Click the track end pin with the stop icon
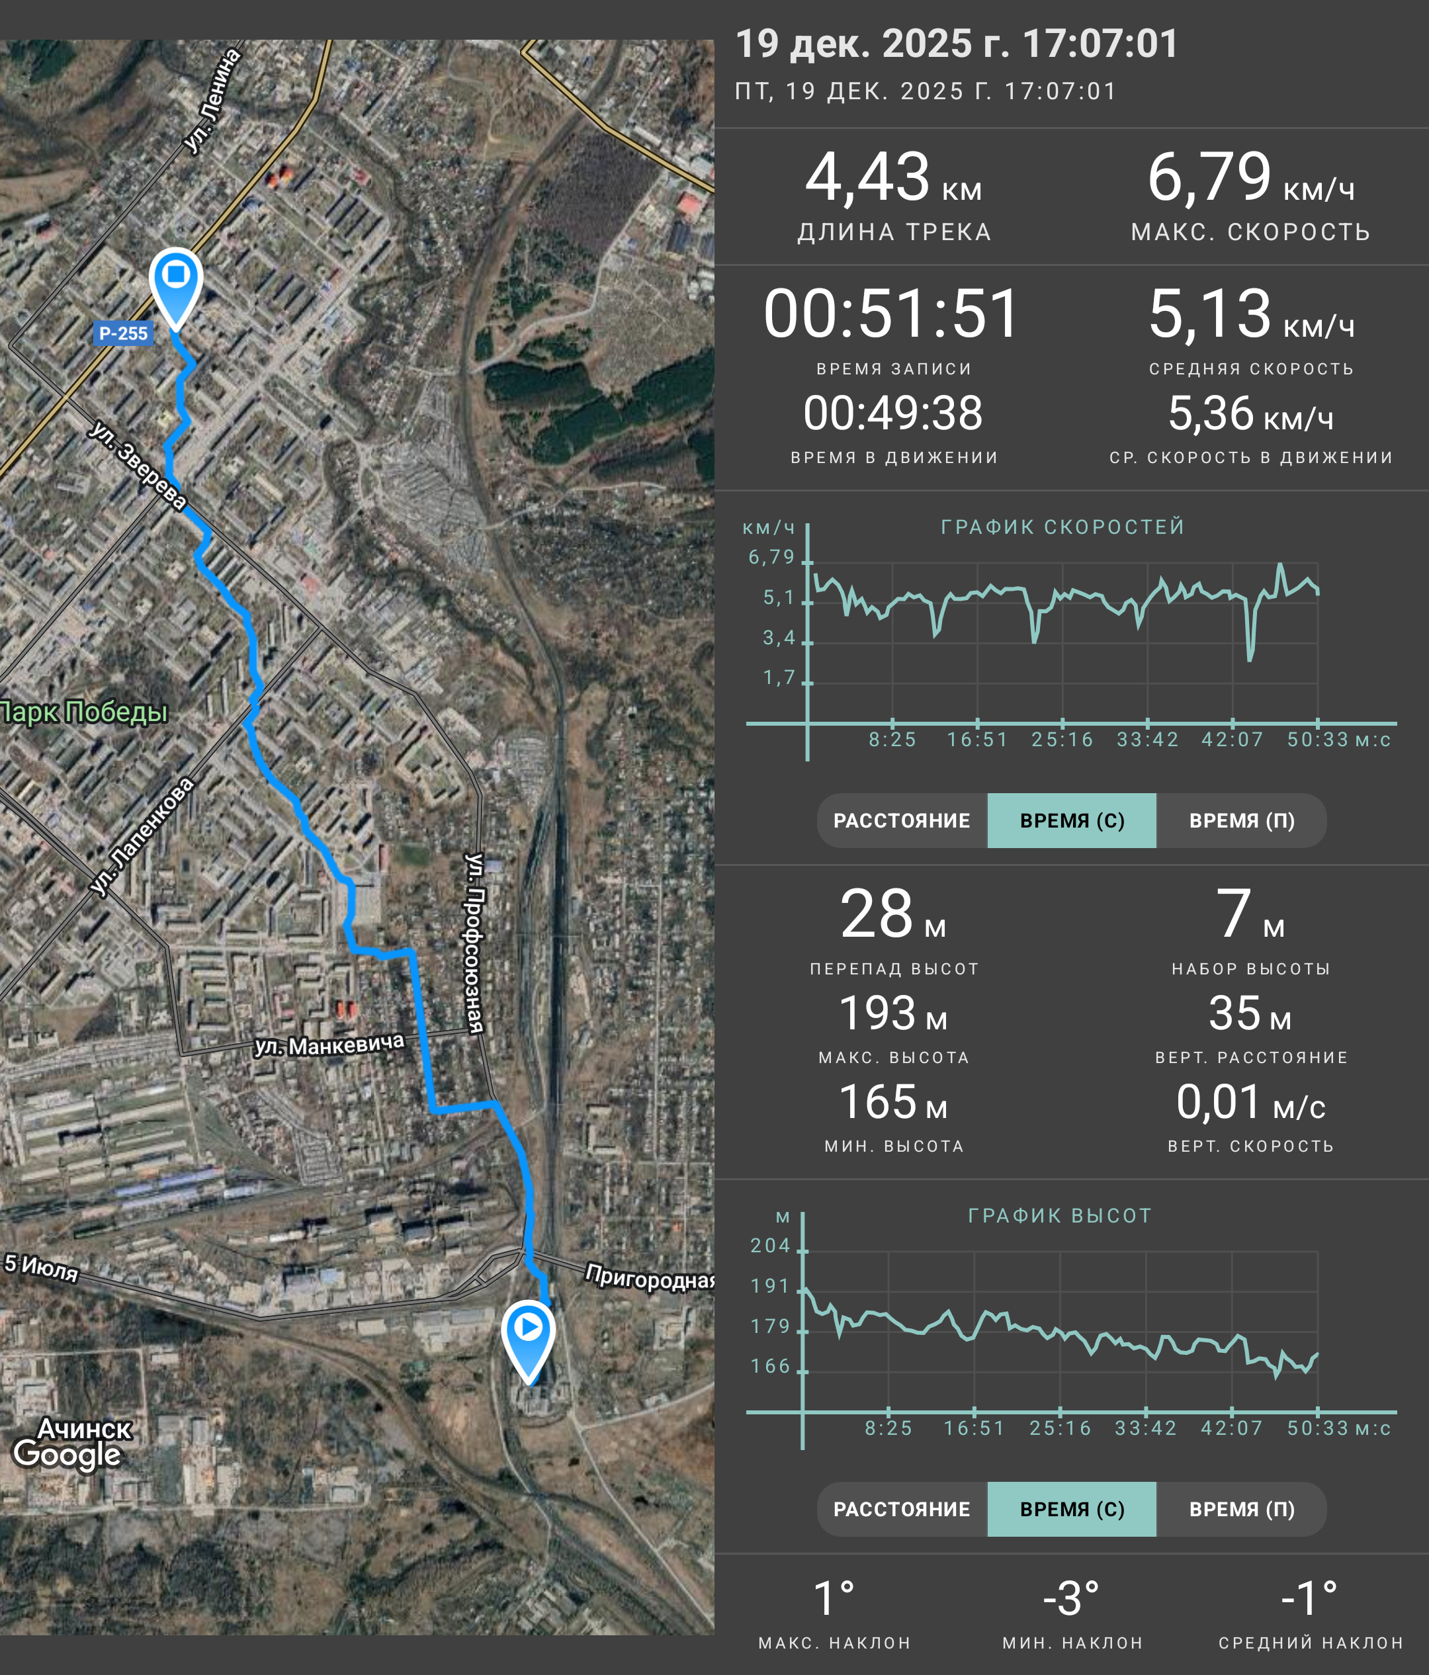tap(176, 287)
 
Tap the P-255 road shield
tap(123, 333)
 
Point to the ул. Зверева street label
tap(138, 465)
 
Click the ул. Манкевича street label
tap(329, 1045)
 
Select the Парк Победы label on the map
tap(83, 712)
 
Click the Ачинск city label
tap(84, 1428)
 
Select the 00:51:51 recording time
tap(892, 314)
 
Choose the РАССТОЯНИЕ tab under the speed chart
tap(902, 820)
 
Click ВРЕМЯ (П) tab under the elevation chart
tap(1242, 1509)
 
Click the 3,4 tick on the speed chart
tap(779, 638)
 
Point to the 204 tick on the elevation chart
tap(770, 1246)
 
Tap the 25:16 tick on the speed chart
tap(1062, 740)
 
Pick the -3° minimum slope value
tap(1071, 1598)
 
